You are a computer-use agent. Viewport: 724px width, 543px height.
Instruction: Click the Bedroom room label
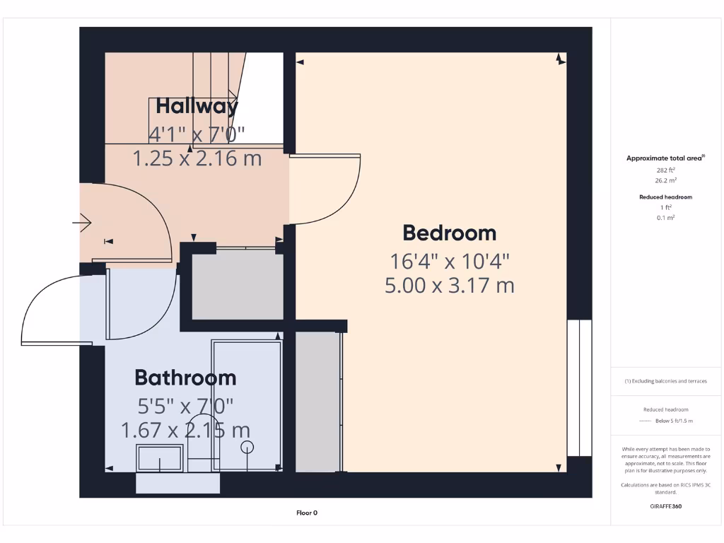450,233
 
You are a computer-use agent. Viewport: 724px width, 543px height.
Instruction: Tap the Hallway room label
197,107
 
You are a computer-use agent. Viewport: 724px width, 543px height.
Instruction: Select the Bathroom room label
185,378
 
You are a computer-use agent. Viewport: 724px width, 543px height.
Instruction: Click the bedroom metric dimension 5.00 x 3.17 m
450,286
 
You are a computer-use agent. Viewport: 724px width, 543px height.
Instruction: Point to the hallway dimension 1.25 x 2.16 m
197,158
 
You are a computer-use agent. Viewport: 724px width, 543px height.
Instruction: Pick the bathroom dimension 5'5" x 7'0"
185,406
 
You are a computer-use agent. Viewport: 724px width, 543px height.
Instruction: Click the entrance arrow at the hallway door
82,224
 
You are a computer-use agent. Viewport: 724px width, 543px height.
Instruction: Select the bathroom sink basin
160,459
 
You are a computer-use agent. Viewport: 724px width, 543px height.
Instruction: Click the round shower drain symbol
247,446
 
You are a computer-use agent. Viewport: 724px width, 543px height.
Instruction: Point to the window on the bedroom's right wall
579,388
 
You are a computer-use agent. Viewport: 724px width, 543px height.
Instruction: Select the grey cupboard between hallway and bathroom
238,284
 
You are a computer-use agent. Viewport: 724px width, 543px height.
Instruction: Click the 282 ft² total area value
665,170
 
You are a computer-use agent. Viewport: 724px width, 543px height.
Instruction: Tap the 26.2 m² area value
665,180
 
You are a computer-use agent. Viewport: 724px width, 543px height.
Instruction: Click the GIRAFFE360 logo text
665,506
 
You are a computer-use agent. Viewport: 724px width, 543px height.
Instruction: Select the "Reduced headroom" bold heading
665,197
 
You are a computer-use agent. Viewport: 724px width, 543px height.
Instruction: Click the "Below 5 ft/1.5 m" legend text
674,421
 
